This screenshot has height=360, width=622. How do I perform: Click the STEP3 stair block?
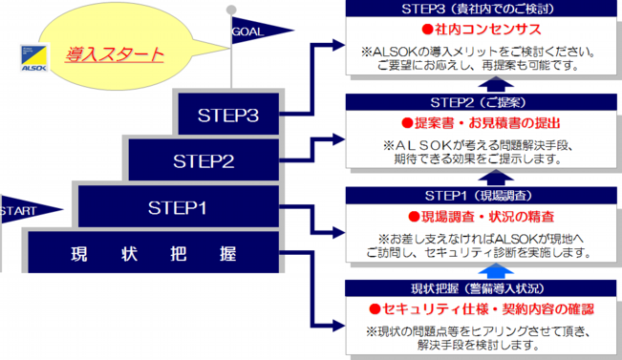click(x=228, y=115)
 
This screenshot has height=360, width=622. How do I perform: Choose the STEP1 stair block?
click(x=178, y=206)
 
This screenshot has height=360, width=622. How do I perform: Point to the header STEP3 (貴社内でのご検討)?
click(x=479, y=10)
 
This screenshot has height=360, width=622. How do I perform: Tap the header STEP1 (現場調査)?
click(x=479, y=196)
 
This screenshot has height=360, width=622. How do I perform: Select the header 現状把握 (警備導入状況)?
click(x=479, y=287)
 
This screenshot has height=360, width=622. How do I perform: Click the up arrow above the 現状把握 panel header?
click(x=479, y=272)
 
